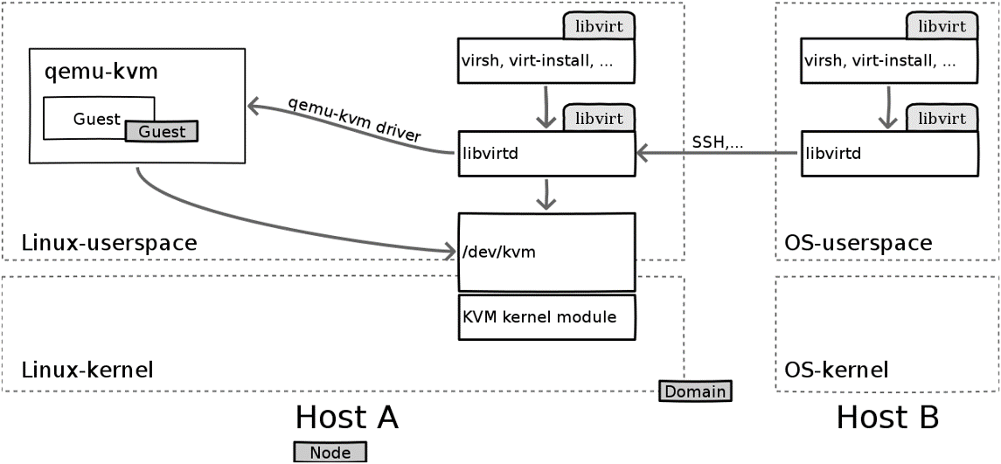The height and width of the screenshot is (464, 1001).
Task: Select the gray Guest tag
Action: pyautogui.click(x=162, y=131)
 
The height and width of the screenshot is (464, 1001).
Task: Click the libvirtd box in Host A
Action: pyautogui.click(x=546, y=154)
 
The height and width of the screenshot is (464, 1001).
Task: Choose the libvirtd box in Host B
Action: pyautogui.click(x=888, y=154)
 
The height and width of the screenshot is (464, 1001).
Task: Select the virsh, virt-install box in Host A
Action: pyautogui.click(x=546, y=61)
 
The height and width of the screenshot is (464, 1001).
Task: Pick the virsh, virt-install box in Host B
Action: pyautogui.click(x=888, y=61)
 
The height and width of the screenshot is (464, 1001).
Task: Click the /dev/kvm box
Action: pyautogui.click(x=546, y=253)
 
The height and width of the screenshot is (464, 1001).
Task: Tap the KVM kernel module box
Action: pyautogui.click(x=546, y=317)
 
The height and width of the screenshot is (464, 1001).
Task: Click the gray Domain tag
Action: pyautogui.click(x=695, y=391)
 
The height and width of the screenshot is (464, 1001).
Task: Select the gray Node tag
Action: pyautogui.click(x=330, y=452)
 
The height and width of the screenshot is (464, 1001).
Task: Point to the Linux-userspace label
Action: pyautogui.click(x=109, y=242)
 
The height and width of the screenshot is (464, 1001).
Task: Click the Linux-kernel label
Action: pyautogui.click(x=87, y=370)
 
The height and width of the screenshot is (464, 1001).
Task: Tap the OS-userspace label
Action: pyautogui.click(x=858, y=242)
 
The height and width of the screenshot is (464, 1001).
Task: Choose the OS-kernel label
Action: pyautogui.click(x=836, y=370)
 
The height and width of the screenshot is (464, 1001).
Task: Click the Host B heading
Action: pyautogui.click(x=887, y=417)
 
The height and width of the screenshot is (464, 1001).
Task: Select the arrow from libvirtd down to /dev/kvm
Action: pyautogui.click(x=546, y=195)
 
